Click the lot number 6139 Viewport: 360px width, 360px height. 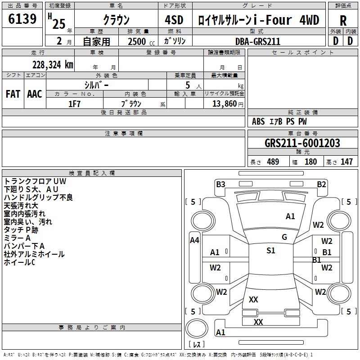22,18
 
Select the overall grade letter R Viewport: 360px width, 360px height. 343,21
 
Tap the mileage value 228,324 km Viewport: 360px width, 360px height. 53,65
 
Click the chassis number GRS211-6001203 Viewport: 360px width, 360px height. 302,143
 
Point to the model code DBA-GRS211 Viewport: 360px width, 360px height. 258,41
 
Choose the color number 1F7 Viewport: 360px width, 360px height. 74,104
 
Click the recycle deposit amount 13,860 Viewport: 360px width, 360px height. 224,104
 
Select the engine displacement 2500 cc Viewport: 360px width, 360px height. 141,41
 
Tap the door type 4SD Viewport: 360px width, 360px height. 174,20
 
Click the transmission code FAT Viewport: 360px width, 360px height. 13,94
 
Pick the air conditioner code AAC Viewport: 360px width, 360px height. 35,94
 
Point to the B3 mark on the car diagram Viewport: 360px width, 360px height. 220,184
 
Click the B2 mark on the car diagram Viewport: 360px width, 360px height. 321,184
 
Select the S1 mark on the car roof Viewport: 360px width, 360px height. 271,250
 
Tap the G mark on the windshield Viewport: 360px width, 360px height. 284,237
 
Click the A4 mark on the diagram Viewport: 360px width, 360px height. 194,240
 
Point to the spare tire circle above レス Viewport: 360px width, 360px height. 197,328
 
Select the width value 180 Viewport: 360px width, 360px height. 310,162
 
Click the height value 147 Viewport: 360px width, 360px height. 346,162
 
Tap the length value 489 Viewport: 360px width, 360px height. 273,162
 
